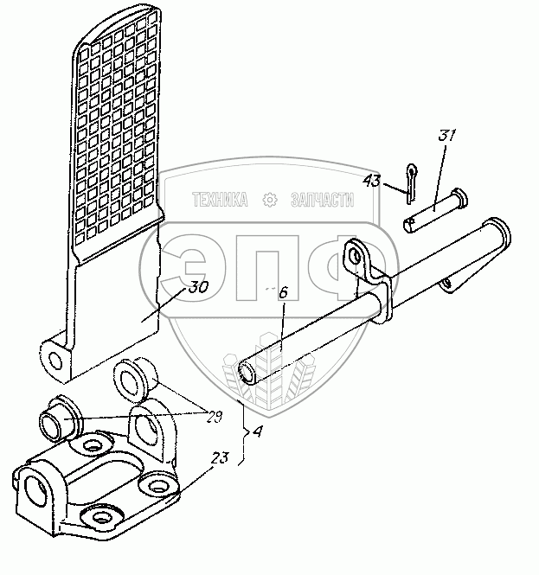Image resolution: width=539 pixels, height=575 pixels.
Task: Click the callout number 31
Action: [x=447, y=136]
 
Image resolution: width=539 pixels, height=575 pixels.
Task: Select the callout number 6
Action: [x=282, y=293]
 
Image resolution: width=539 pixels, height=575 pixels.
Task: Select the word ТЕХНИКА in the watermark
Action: [x=218, y=200]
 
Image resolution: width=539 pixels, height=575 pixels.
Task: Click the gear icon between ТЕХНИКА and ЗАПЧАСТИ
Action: [x=269, y=201]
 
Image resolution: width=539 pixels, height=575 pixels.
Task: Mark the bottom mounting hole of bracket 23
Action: [x=102, y=519]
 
